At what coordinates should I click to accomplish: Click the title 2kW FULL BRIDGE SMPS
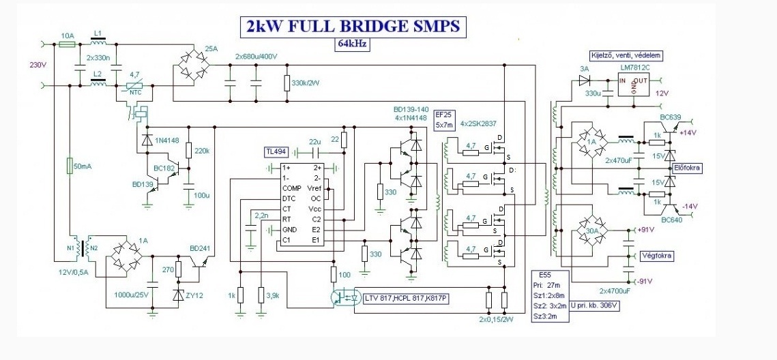[352, 26]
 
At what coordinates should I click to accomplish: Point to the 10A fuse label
[68, 35]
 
